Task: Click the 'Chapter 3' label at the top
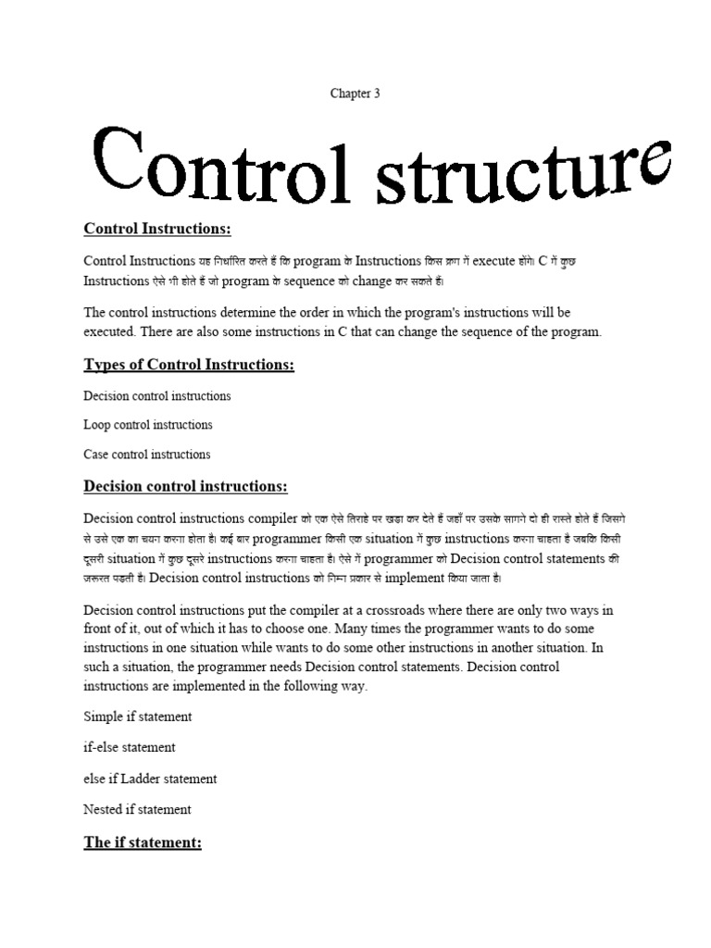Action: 355,94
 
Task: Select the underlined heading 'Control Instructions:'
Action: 156,229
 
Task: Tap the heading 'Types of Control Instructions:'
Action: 189,365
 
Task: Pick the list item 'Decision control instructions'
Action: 157,395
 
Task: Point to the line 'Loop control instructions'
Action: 148,425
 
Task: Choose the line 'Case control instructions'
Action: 147,455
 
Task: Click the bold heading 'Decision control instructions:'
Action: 185,486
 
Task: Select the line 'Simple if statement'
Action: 138,717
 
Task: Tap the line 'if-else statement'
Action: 130,746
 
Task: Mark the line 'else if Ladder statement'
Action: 150,779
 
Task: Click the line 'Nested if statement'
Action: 137,809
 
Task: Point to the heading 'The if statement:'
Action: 143,842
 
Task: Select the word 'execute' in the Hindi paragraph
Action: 499,262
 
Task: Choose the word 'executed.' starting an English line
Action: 112,331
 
